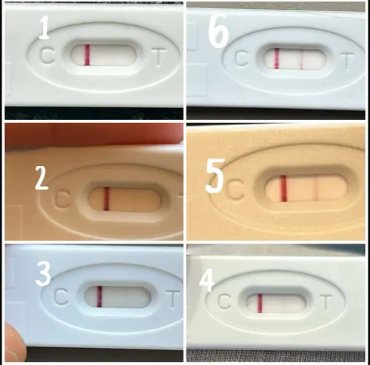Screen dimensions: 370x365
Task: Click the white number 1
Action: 44,27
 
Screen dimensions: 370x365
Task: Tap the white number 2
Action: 41,178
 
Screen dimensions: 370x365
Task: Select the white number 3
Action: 43,274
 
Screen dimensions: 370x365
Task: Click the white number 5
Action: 215,175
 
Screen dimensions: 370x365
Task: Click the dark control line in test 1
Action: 87,55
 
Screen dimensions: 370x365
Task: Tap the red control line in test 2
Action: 107,199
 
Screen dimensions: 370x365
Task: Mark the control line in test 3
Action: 99,296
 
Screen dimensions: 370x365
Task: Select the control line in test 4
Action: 260,304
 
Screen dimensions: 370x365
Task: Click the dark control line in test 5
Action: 283,188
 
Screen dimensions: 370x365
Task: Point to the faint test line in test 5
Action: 316,188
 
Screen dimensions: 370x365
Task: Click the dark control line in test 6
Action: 277,58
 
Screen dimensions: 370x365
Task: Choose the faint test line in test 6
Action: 301,59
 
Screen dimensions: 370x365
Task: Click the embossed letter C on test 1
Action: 47,56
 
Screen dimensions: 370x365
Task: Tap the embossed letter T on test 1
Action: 158,58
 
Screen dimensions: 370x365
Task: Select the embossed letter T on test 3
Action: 172,299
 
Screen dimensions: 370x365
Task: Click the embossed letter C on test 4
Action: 224,301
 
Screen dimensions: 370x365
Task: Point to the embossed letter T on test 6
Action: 347,61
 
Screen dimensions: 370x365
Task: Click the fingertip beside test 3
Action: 13,343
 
